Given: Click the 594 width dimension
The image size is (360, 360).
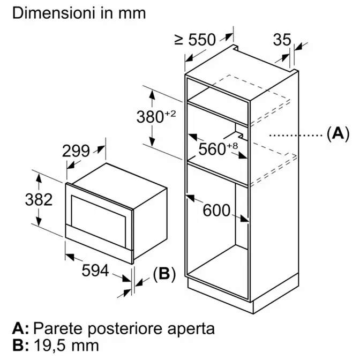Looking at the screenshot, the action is pyautogui.click(x=95, y=270).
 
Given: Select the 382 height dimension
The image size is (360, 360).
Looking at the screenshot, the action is pyautogui.click(x=39, y=199).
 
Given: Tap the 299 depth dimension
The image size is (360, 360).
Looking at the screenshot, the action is pyautogui.click(x=76, y=151).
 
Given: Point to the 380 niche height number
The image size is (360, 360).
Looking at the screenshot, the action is pyautogui.click(x=150, y=117).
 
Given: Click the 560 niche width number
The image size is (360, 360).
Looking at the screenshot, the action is pyautogui.click(x=212, y=149).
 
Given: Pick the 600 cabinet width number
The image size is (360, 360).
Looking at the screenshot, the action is pyautogui.click(x=216, y=210).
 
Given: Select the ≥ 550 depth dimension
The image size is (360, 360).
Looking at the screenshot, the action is pyautogui.click(x=195, y=40).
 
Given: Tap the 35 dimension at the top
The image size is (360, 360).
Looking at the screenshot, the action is pyautogui.click(x=282, y=40).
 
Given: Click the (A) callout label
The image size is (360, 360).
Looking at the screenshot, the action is pyautogui.click(x=338, y=133).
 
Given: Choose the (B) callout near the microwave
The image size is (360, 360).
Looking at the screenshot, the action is pyautogui.click(x=164, y=274).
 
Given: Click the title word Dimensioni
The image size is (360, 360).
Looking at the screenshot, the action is pyautogui.click(x=54, y=13).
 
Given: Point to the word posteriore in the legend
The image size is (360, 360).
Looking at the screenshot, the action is pyautogui.click(x=125, y=329).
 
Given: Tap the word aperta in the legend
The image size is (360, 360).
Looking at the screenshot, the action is pyautogui.click(x=191, y=329).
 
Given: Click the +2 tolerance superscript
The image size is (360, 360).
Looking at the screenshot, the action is pyautogui.click(x=170, y=114).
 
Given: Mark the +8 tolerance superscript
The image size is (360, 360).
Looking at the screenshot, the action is pyautogui.click(x=232, y=146).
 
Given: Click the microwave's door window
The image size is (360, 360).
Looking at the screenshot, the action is pyautogui.click(x=99, y=220).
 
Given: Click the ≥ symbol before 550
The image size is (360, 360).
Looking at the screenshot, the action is pyautogui.click(x=179, y=40).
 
